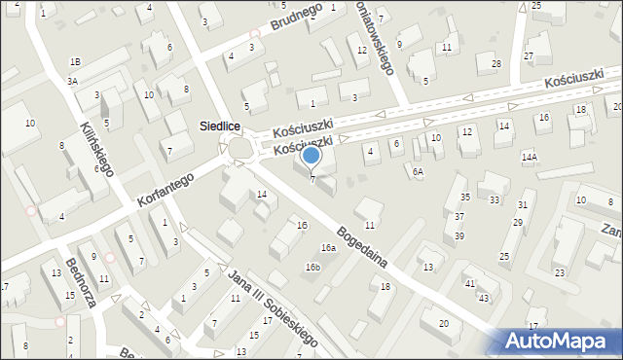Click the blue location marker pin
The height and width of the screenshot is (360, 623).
[x=311, y=156]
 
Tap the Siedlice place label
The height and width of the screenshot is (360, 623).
[x=220, y=126]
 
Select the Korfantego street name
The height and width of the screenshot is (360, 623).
[x=167, y=188]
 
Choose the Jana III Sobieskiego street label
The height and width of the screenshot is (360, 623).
[x=273, y=308]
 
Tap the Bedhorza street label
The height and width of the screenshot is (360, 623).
[x=80, y=283]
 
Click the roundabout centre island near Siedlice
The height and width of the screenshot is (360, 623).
[x=240, y=149]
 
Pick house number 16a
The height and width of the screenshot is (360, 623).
[x=329, y=248]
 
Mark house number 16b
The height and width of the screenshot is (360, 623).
[x=312, y=267]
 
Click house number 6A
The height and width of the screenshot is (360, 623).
[x=418, y=171]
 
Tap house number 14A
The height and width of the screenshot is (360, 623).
[x=530, y=157]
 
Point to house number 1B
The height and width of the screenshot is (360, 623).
[x=75, y=61]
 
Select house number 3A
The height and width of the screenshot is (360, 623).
[x=72, y=82]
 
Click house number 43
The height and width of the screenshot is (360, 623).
[x=484, y=297]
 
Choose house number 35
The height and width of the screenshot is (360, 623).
[x=465, y=197]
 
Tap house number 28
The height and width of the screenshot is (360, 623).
[x=495, y=64]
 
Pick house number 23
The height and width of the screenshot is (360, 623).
[x=560, y=272]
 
